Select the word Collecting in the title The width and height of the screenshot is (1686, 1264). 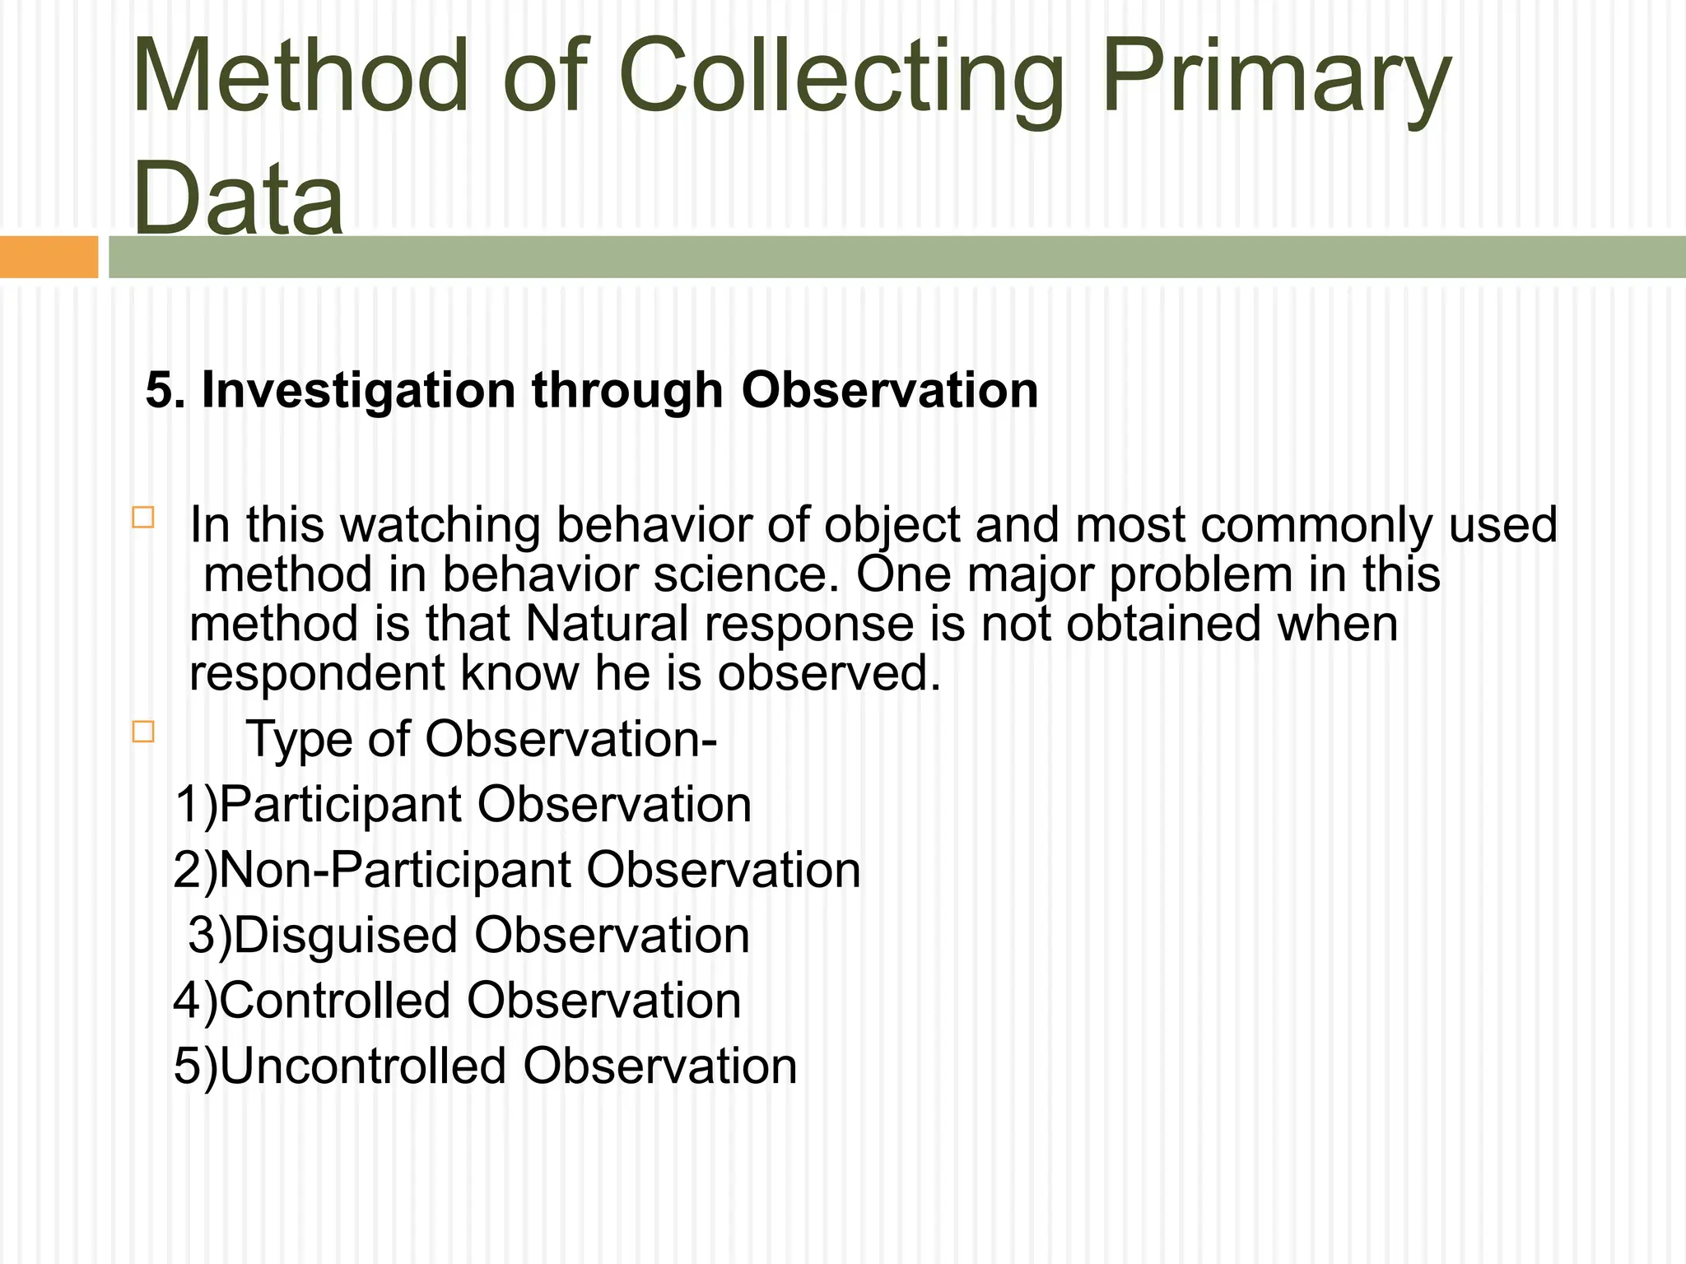(x=841, y=78)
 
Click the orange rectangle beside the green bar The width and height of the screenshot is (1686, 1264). (x=49, y=257)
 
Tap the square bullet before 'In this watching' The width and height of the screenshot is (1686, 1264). (x=143, y=518)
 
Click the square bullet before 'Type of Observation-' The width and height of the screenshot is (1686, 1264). (x=143, y=732)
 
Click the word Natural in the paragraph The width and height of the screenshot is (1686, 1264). (x=607, y=624)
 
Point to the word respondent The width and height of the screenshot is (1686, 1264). (x=317, y=673)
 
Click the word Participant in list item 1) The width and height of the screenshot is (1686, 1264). (x=340, y=805)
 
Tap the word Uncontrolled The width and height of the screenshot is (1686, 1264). (x=363, y=1066)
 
